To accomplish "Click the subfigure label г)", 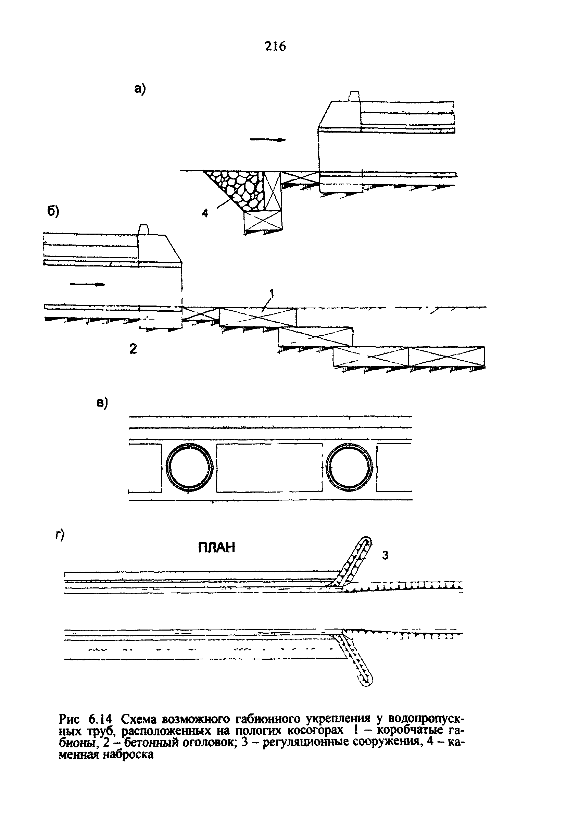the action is pyautogui.click(x=60, y=535).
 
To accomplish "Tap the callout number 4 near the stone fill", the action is pyautogui.click(x=205, y=213).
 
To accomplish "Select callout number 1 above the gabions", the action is pyautogui.click(x=272, y=293).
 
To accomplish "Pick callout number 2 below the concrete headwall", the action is pyautogui.click(x=133, y=349).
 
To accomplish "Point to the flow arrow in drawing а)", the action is pyautogui.click(x=268, y=140).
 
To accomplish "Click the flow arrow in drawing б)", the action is pyautogui.click(x=88, y=284).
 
